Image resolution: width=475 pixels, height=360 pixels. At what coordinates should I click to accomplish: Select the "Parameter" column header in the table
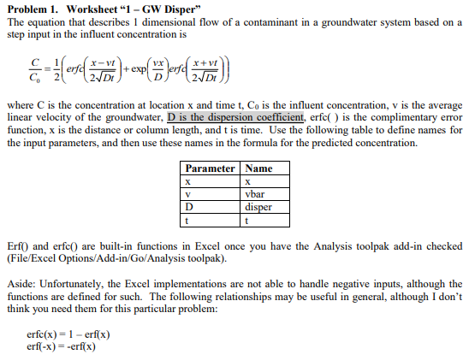210,168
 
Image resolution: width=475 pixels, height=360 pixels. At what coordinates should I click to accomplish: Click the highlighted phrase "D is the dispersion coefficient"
235,117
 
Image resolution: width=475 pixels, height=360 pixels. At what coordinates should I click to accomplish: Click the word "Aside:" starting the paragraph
21,283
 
